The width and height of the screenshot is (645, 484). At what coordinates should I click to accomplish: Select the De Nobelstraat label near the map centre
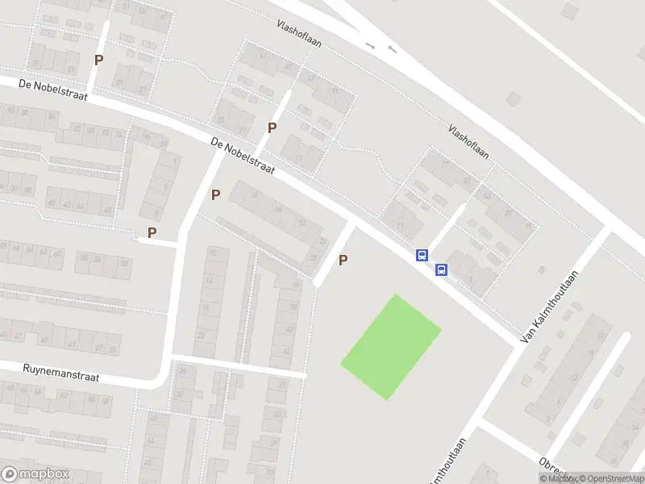click(243, 156)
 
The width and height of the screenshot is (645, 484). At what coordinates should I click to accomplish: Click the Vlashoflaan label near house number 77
click(470, 142)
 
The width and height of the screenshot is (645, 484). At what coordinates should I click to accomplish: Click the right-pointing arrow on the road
click(371, 46)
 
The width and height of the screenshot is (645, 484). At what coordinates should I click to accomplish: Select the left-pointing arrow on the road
click(392, 49)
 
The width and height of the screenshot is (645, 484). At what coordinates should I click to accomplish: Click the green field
click(391, 345)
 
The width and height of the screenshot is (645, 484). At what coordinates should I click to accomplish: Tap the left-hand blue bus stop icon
click(422, 255)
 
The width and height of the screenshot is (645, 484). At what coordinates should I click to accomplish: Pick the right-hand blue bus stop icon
click(442, 269)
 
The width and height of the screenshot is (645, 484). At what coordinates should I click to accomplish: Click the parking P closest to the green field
click(343, 260)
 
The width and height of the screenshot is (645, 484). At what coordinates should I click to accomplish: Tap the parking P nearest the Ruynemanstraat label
click(152, 232)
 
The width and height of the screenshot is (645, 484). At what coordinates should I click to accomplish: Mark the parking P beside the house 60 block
click(215, 194)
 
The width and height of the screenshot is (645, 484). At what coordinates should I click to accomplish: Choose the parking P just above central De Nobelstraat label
click(273, 127)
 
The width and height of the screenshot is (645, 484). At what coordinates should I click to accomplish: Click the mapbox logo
click(35, 474)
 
